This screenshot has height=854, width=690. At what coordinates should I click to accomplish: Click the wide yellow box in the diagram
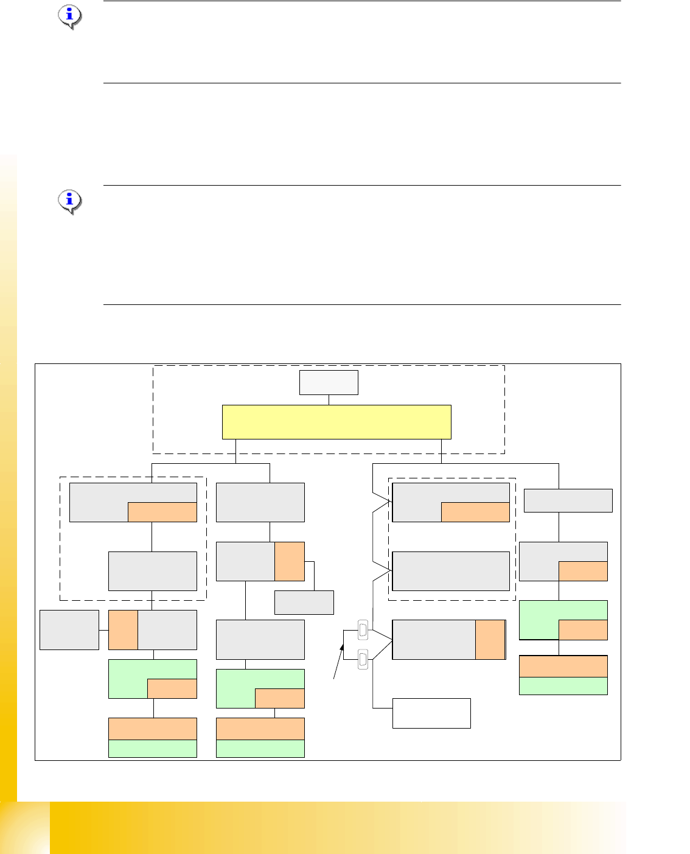(x=336, y=422)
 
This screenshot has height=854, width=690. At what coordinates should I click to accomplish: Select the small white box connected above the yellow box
(x=329, y=382)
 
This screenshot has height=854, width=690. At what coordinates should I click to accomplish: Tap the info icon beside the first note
(x=70, y=16)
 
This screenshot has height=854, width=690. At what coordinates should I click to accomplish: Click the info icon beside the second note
(x=70, y=201)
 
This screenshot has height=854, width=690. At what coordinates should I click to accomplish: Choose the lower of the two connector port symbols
(x=363, y=659)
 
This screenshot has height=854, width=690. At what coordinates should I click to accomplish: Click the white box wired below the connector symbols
(x=431, y=713)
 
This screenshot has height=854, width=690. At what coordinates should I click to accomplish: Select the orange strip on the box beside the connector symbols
(x=490, y=640)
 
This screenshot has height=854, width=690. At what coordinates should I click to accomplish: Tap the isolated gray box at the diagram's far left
(x=69, y=630)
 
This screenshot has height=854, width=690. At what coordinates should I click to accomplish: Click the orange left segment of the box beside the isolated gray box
(x=123, y=630)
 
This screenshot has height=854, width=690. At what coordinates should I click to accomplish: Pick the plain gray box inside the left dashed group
(x=153, y=571)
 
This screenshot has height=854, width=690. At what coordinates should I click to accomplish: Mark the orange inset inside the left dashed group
(x=162, y=512)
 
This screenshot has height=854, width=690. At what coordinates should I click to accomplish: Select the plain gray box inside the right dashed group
(x=451, y=571)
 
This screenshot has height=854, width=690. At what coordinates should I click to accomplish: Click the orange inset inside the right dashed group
(x=475, y=512)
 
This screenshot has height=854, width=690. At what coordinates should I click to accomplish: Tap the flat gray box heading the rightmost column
(x=568, y=500)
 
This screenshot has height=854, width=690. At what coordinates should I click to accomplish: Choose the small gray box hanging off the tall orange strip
(x=304, y=603)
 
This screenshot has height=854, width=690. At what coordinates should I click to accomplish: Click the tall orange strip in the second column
(x=290, y=561)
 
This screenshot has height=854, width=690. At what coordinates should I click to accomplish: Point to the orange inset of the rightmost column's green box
(x=583, y=630)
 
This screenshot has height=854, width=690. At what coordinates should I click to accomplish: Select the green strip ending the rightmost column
(x=563, y=686)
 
